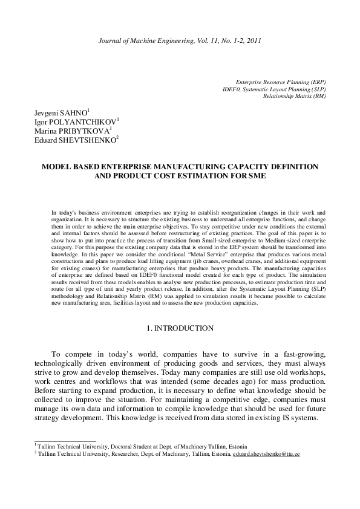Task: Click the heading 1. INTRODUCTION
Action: (x=180, y=328)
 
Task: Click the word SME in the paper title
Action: (x=257, y=177)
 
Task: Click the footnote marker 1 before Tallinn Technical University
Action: (x=35, y=444)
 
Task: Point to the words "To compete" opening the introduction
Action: (x=70, y=352)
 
